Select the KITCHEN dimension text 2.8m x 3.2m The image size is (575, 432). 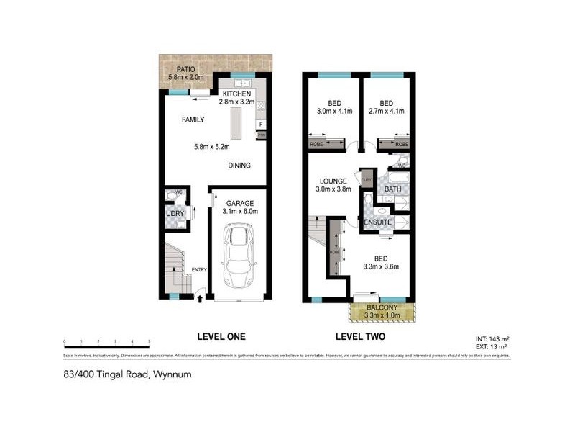(x=236, y=103)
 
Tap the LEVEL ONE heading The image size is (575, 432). (x=221, y=336)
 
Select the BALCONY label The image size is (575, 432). (x=381, y=307)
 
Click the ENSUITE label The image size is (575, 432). (x=378, y=222)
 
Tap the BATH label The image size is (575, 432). (x=392, y=189)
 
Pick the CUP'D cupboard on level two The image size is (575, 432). (x=367, y=180)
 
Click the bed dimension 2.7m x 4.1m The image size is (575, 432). (x=386, y=112)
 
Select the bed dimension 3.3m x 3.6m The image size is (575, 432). (x=381, y=266)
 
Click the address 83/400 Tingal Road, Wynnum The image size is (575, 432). (x=126, y=374)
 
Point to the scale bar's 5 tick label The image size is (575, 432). (x=149, y=341)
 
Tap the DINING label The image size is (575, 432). (x=239, y=166)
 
